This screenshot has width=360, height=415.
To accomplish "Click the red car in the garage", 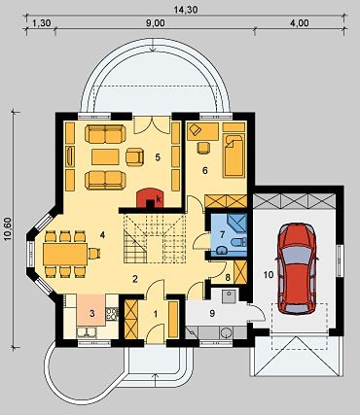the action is (297, 268).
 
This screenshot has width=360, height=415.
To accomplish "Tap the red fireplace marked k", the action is (150, 198).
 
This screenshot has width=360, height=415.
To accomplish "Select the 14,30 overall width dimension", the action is (186, 10).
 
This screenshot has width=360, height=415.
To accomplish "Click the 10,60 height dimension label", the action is (8, 228).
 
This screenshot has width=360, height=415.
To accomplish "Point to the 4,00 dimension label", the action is (300, 23).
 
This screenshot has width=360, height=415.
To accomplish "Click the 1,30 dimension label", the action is (42, 23).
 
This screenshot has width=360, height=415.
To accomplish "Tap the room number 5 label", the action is (158, 157).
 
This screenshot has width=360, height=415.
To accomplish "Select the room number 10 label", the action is (269, 275).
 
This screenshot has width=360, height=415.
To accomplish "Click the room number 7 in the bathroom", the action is (222, 234).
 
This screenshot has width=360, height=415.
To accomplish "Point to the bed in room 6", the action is (234, 156).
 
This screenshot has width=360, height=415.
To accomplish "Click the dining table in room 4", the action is (65, 255).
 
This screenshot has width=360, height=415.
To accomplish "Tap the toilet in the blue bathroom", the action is (239, 242).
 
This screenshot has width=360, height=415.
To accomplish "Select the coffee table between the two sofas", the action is (105, 156).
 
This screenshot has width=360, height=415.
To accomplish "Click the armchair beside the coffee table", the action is (134, 156).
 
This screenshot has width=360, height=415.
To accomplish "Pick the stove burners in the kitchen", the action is (112, 314).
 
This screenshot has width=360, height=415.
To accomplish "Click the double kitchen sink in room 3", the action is (87, 332).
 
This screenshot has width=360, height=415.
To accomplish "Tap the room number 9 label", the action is (212, 314).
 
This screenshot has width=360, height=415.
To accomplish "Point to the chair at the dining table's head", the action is (94, 254).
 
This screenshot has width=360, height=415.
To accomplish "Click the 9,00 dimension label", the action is (156, 23).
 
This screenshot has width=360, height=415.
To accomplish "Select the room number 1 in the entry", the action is (156, 314).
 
